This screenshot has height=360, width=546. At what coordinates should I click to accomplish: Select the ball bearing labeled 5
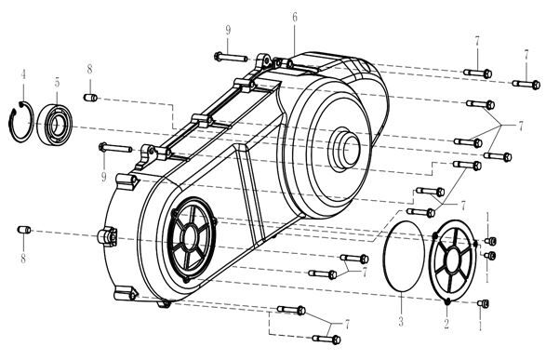(x=54, y=124)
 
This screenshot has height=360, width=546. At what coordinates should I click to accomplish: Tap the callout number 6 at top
(x=295, y=17)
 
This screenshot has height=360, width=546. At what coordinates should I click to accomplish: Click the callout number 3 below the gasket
(x=401, y=321)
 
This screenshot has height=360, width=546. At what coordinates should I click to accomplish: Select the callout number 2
(x=446, y=324)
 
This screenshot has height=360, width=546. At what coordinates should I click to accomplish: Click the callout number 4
(x=23, y=74)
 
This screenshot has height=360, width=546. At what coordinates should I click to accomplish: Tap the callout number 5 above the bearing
(x=57, y=83)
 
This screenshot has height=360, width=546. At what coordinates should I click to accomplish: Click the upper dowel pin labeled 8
(x=90, y=98)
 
